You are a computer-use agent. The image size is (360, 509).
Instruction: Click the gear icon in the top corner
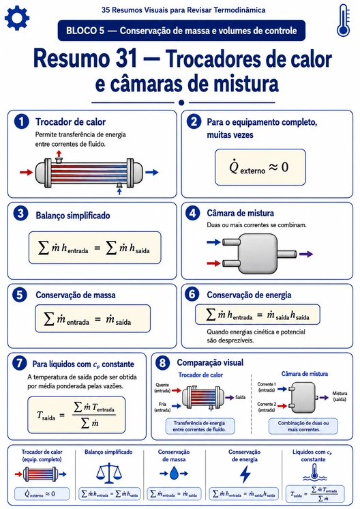click(17, 18)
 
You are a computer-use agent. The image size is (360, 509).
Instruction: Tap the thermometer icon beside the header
click(343, 20)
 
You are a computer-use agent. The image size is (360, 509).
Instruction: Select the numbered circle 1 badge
click(21, 121)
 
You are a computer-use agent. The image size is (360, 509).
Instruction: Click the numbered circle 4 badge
click(193, 214)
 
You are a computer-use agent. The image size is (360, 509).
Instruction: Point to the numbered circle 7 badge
click(19, 362)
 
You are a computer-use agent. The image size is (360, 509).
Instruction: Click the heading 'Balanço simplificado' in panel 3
click(73, 216)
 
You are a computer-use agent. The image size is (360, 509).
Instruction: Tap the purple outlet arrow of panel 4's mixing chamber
click(306, 254)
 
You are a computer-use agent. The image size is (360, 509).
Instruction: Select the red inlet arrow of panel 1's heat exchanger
click(27, 172)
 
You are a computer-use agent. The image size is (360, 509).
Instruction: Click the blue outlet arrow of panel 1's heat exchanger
click(152, 173)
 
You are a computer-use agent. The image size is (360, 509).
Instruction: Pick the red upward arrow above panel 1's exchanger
click(59, 154)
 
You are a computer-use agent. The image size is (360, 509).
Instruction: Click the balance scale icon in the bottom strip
click(109, 474)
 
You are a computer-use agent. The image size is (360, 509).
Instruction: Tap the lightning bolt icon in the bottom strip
click(245, 474)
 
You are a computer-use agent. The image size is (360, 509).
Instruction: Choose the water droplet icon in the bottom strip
click(174, 474)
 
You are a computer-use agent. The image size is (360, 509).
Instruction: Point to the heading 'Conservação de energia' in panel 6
click(249, 295)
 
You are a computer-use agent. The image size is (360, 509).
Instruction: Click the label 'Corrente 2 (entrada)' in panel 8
click(267, 407)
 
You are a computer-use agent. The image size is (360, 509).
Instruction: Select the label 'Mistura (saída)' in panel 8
click(340, 396)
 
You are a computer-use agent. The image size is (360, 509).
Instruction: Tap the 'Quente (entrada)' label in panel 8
click(162, 388)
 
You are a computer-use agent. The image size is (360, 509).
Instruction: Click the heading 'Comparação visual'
click(210, 362)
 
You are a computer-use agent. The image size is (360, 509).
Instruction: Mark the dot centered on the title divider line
click(181, 102)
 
